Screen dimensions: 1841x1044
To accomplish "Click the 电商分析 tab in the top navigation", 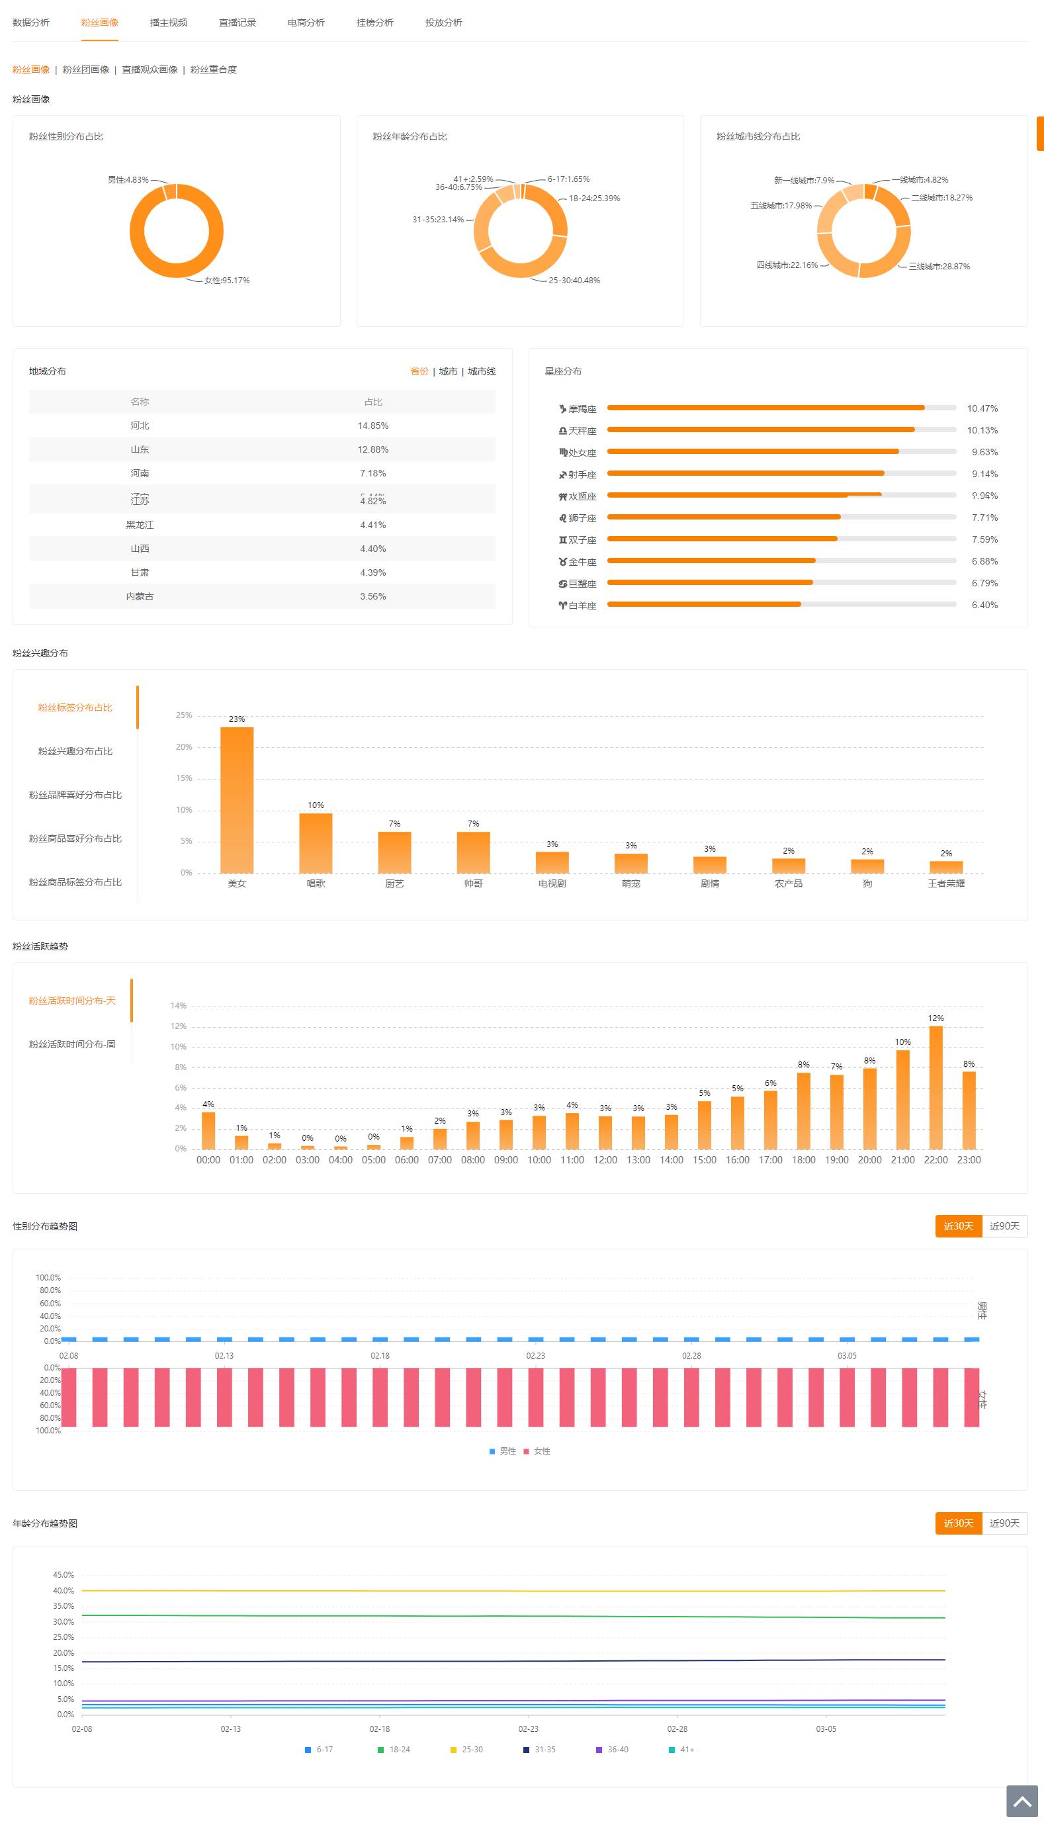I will point(306,23).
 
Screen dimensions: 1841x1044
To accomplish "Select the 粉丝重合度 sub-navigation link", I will point(213,69).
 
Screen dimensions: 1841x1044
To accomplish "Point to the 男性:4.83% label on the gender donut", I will point(128,180).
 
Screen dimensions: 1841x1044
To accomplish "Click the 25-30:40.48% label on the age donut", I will point(574,281).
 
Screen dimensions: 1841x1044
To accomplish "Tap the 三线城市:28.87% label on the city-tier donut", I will point(939,267).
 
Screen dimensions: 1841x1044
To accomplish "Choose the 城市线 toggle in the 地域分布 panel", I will point(482,371).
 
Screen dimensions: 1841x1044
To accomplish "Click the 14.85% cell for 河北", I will point(373,426).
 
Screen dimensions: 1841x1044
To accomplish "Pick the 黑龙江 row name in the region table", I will point(140,525).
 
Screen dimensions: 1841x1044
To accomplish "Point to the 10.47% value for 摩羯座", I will point(982,409).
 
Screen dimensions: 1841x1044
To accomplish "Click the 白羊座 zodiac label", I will point(582,606).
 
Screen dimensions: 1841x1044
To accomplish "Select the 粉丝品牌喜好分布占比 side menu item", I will point(75,795).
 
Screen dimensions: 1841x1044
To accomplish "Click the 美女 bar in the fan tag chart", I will point(237,799).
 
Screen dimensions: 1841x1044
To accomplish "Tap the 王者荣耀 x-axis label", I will point(946,883).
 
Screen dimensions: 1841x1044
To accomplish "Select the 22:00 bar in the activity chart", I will point(935,1087).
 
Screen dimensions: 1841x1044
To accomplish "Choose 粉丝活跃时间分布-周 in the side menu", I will point(71,1045).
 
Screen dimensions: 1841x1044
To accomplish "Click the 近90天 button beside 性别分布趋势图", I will point(1004,1226).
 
